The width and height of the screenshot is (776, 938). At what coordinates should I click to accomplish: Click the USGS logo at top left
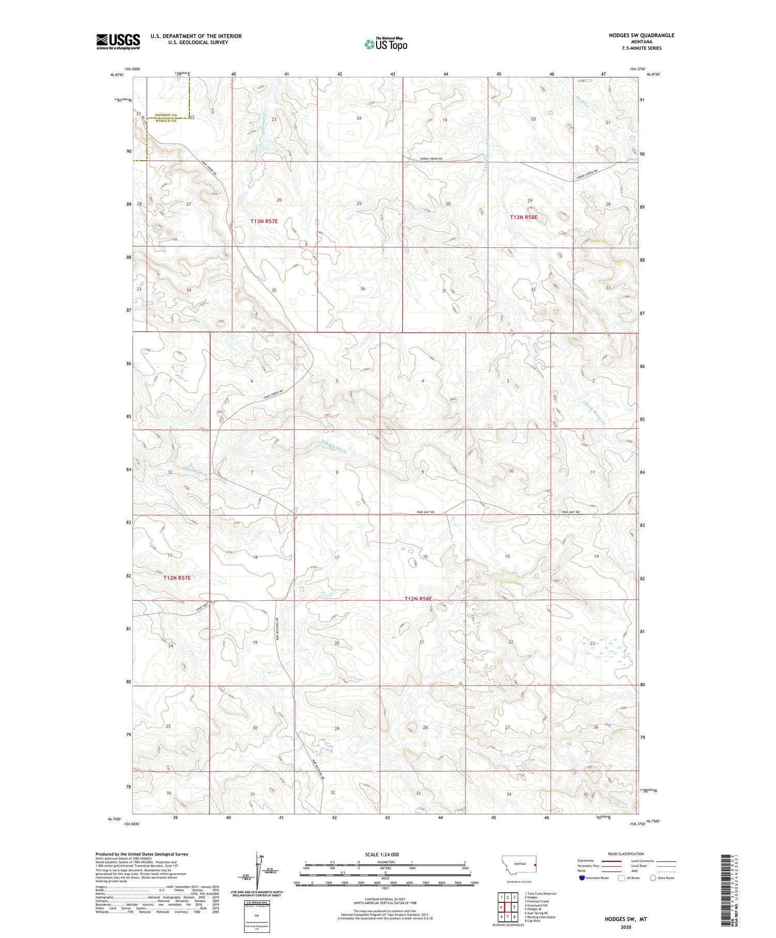click(118, 41)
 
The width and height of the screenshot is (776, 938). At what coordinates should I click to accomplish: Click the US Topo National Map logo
click(385, 44)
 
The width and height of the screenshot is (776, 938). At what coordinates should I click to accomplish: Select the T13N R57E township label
click(264, 221)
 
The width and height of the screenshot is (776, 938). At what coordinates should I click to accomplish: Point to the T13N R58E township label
click(524, 217)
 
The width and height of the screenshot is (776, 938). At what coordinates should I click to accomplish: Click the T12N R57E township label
click(177, 577)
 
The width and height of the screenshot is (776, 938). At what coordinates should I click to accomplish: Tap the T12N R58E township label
click(418, 599)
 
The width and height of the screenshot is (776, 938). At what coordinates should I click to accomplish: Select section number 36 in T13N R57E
click(363, 289)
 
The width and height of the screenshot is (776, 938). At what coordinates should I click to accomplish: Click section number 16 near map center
click(425, 556)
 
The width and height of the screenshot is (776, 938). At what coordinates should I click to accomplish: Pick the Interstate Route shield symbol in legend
click(582, 877)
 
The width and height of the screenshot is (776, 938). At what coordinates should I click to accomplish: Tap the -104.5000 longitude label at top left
click(131, 69)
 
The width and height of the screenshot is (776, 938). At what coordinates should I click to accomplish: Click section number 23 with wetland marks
click(592, 643)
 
